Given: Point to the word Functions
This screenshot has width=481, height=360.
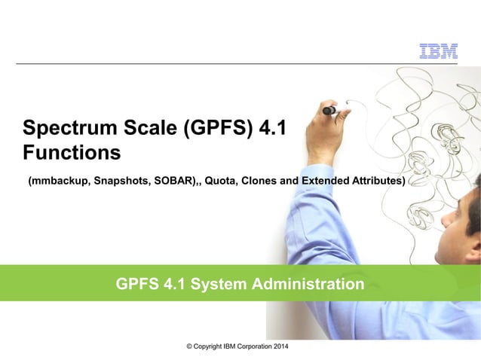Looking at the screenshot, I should pos(72,153).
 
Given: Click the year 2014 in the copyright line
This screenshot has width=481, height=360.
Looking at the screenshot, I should pos(277,346).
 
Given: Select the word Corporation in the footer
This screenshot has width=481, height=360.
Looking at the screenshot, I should pos(243,346).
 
